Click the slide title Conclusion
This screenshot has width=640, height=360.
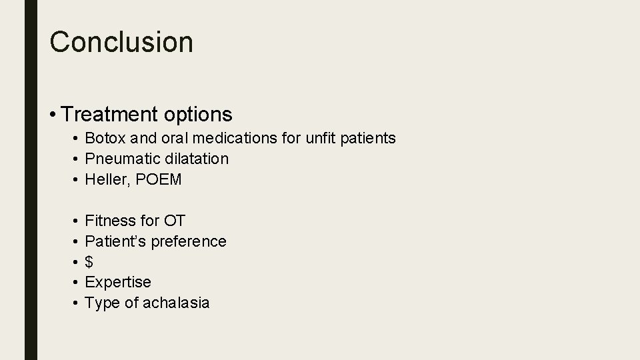121,41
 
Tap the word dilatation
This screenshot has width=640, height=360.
197,159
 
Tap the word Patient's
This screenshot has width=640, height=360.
115,241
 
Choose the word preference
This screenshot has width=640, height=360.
189,241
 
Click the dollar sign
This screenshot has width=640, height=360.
89,262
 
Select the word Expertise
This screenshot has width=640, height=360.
118,282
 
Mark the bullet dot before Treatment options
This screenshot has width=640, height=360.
53,115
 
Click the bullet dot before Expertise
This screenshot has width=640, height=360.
77,283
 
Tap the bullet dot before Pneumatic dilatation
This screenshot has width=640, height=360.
77,159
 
